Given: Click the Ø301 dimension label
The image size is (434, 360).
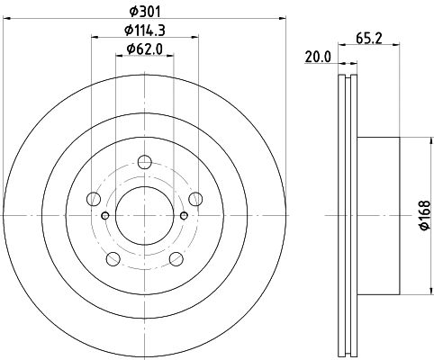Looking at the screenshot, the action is pyautogui.click(x=145, y=12).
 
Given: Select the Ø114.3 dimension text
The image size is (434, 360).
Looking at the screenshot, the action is pyautogui.click(x=145, y=31).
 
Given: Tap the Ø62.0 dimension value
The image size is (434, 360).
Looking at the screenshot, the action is pyautogui.click(x=145, y=49).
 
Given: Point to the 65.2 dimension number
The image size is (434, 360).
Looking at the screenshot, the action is pyautogui.click(x=369, y=39).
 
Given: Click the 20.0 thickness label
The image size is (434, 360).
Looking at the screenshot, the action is pyautogui.click(x=318, y=57).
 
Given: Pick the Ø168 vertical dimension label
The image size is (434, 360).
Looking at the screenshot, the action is pyautogui.click(x=425, y=215).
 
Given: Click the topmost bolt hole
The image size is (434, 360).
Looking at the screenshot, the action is pyautogui.click(x=145, y=162).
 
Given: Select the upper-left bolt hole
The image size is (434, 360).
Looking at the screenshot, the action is pyautogui.click(x=94, y=199).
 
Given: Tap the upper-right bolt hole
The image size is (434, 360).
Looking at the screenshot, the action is pyautogui.click(x=195, y=199).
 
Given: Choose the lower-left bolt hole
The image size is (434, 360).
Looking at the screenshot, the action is pyautogui.click(x=113, y=259).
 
